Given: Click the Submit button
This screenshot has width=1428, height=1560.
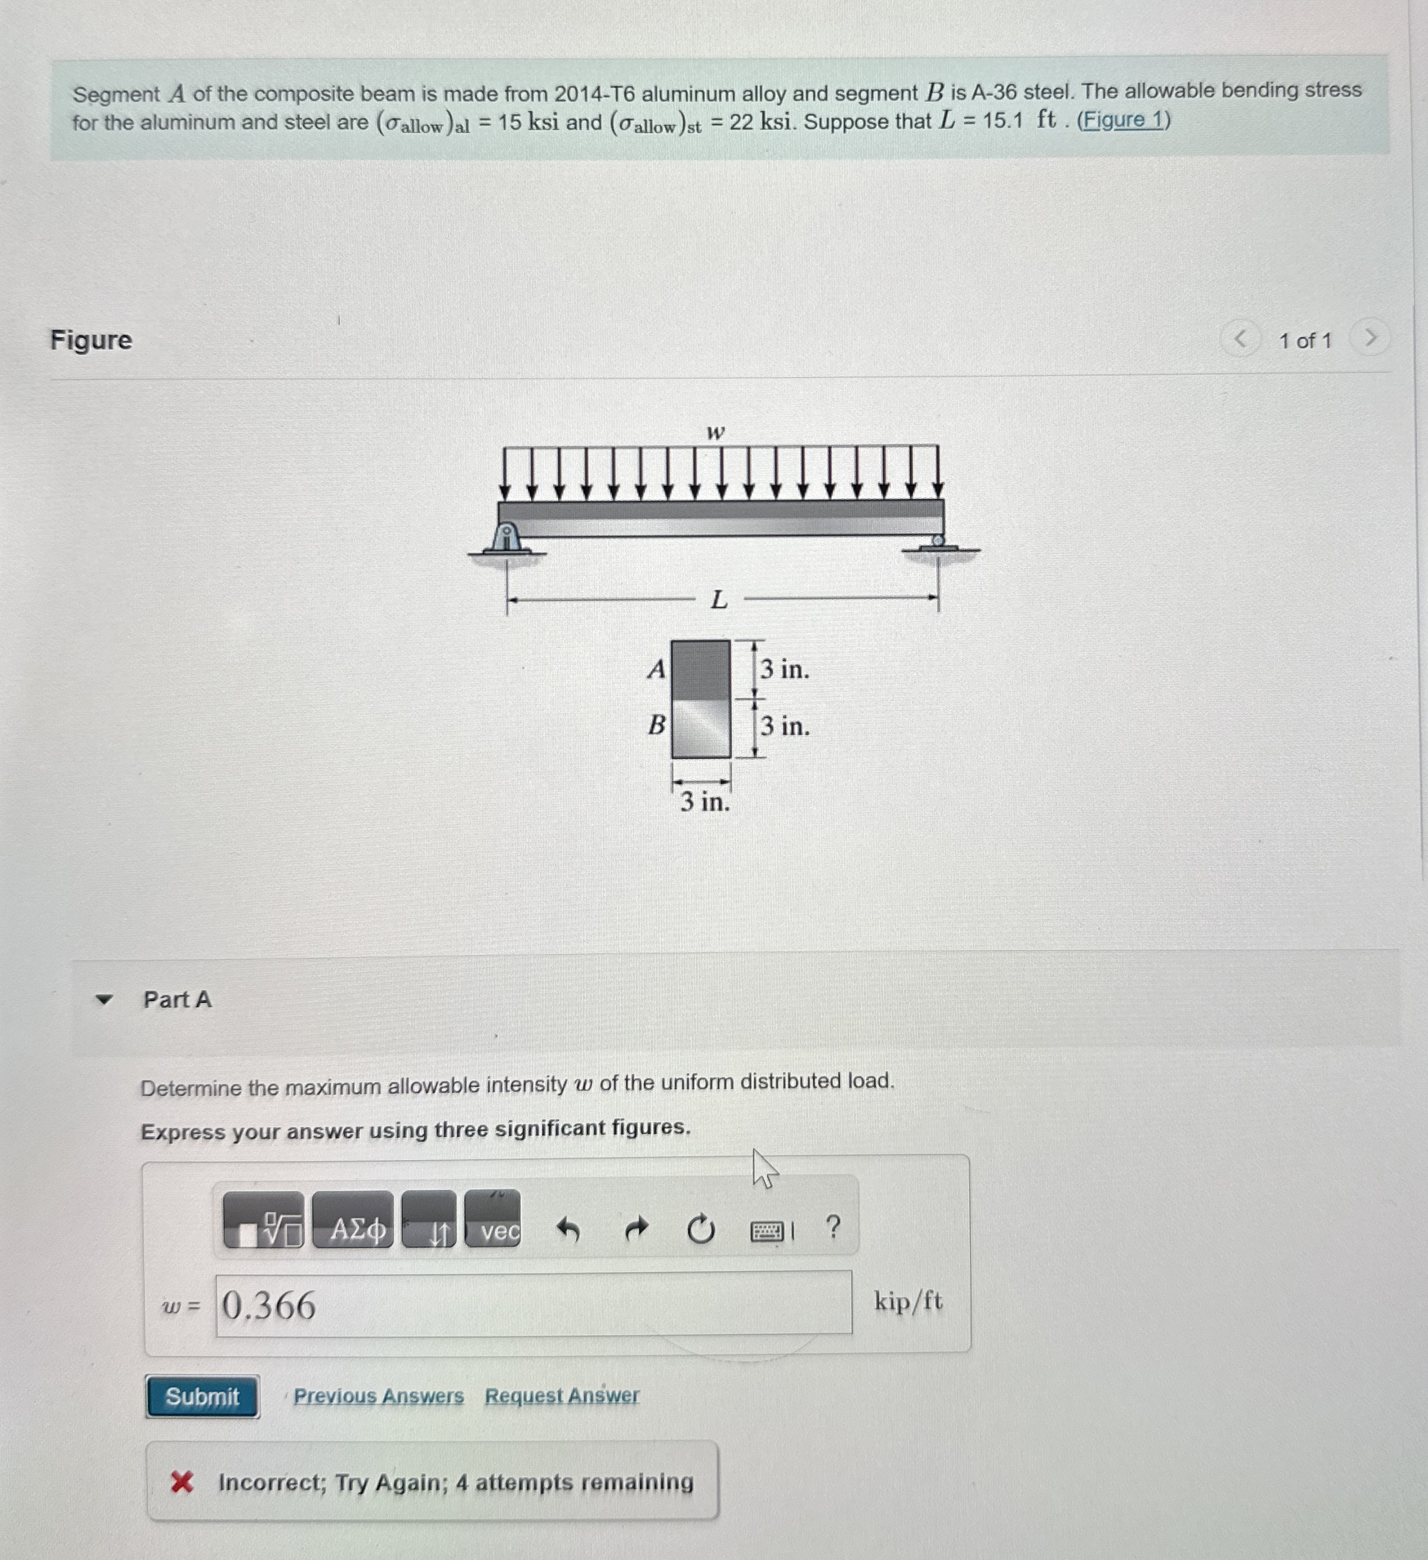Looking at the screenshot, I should click(x=202, y=1397).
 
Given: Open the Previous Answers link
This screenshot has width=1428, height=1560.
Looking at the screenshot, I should click(x=378, y=1396).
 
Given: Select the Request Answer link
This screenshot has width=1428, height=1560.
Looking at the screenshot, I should click(x=562, y=1395).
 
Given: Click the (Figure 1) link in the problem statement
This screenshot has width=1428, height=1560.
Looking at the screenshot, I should click(x=1123, y=120).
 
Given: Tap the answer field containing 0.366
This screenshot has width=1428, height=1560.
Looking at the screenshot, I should click(x=534, y=1305).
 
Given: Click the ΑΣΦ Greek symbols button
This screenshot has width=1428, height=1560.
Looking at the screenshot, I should click(x=353, y=1229).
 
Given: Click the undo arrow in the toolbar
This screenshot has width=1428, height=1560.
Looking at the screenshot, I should click(x=569, y=1229).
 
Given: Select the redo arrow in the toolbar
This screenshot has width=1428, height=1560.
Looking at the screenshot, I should click(x=635, y=1229).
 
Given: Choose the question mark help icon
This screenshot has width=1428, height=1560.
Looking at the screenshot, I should click(x=833, y=1226).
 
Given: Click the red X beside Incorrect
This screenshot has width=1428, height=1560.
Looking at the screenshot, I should click(x=182, y=1483).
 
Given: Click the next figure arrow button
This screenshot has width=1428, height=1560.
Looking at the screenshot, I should click(x=1370, y=338).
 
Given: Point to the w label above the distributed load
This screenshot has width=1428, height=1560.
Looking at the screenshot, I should click(x=716, y=432).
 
